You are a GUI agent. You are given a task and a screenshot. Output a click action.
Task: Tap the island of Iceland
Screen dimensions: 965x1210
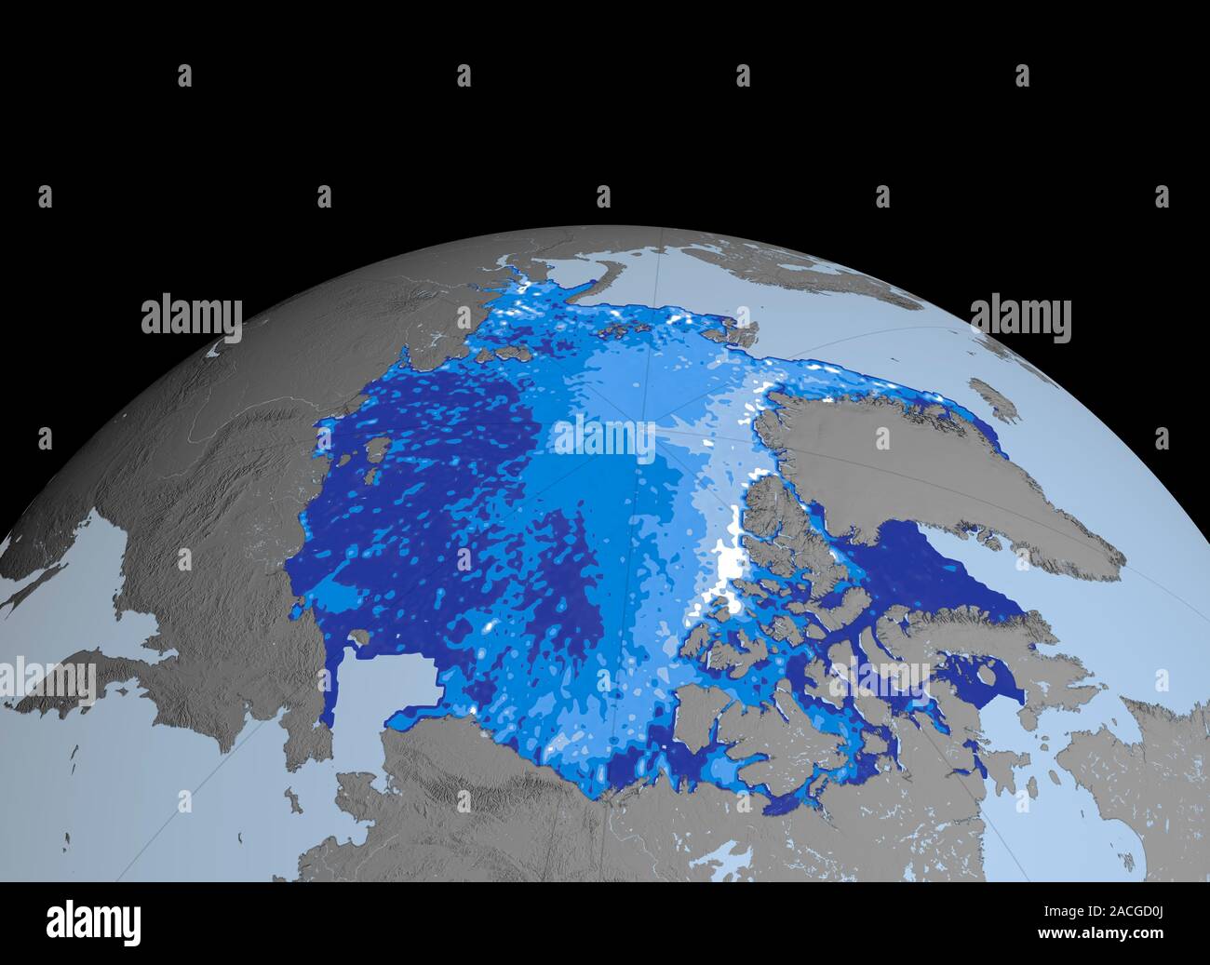point(992,395)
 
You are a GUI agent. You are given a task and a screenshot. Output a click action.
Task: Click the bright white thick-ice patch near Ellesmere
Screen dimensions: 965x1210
point(731,568)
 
